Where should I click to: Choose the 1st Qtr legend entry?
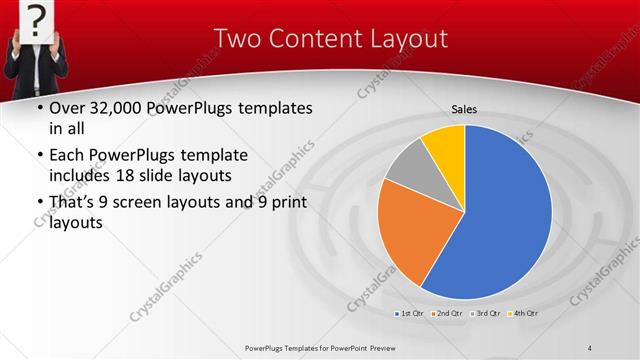[x=408, y=314]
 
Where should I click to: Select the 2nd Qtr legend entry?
[x=447, y=314]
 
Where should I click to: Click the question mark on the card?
[x=36, y=17]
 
